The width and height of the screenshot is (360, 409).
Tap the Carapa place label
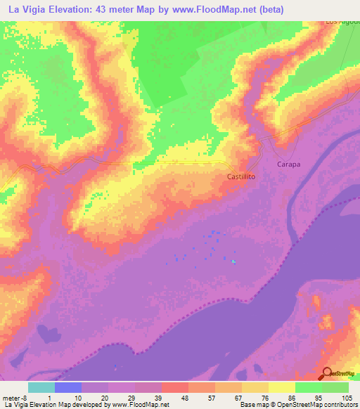pos(288,164)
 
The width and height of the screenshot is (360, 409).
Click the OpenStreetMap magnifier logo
pos(327,373)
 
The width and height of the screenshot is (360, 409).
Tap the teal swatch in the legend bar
pos(41,387)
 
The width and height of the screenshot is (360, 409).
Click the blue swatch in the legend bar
pos(68,387)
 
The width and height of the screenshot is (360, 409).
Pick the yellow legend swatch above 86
pos(282,387)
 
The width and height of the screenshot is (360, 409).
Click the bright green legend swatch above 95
pos(309,387)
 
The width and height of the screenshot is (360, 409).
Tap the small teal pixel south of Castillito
pos(233,262)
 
